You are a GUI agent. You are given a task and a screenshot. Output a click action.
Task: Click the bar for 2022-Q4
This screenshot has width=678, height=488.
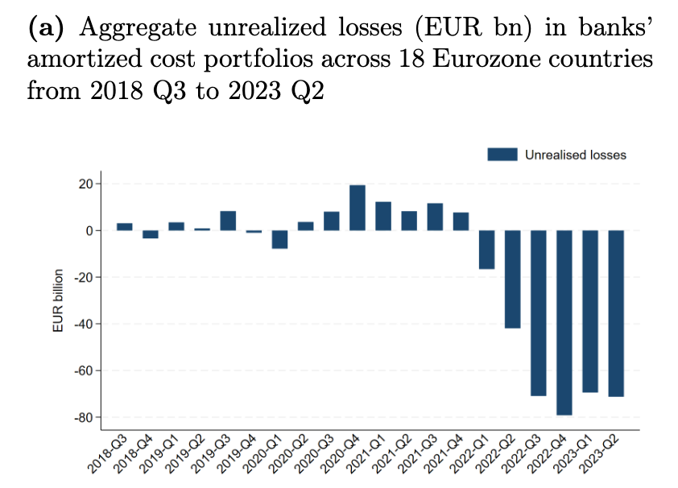point(564,322)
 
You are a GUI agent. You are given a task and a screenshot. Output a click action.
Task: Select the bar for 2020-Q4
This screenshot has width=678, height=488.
point(358,208)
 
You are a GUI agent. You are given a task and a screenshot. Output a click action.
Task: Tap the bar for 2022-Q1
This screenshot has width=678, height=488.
point(486,250)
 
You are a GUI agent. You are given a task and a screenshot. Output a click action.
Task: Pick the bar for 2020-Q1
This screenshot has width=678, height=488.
point(279,239)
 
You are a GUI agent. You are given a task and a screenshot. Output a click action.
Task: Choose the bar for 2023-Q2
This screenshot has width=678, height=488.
point(616,313)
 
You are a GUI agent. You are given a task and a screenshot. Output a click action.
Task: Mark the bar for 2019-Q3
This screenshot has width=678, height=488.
point(228,221)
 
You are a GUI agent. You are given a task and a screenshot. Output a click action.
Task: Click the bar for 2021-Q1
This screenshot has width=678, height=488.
point(383,216)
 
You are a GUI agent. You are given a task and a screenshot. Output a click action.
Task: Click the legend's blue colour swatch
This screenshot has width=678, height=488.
point(502,155)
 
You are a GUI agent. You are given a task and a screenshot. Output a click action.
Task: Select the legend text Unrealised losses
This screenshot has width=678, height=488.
point(575,155)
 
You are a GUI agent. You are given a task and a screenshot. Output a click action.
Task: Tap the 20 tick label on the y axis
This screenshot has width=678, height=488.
point(87,184)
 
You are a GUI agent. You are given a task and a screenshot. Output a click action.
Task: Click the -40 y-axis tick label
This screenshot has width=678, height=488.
point(84,325)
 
